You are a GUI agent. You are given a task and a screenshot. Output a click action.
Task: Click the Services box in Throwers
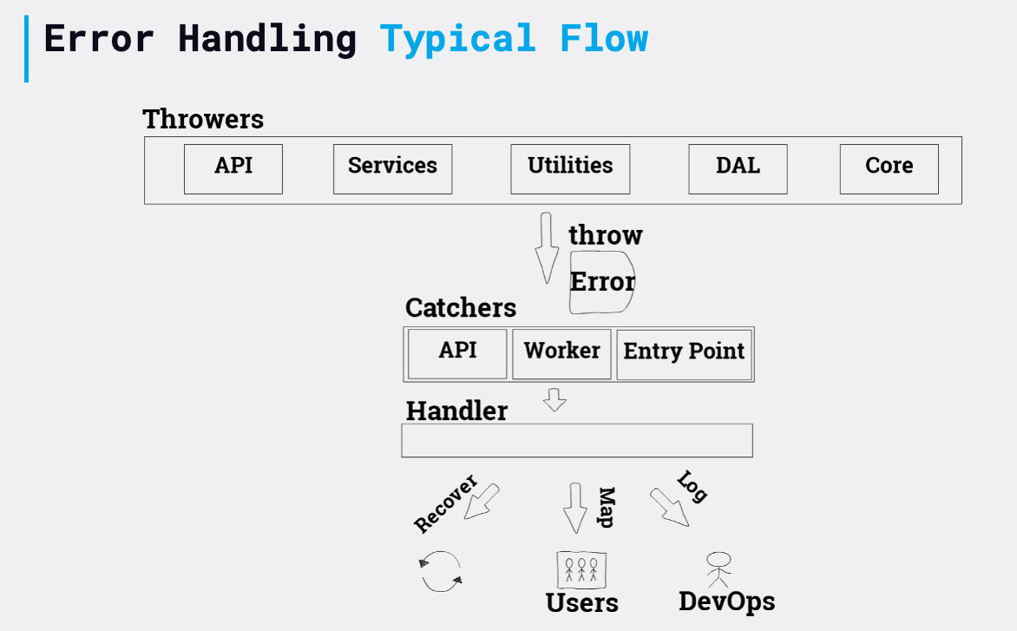[392, 169]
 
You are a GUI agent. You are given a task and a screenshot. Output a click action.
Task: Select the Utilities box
[570, 169]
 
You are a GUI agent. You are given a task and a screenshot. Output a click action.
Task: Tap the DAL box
[738, 169]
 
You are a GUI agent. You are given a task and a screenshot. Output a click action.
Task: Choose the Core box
[889, 169]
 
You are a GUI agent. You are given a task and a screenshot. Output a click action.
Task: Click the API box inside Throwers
[233, 169]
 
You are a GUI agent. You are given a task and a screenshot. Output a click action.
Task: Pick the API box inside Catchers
[457, 354]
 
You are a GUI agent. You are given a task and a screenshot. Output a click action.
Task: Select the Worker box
[561, 354]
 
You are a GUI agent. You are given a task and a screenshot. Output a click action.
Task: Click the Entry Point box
[684, 354]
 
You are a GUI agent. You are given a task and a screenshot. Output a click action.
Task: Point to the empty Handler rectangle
[576, 441]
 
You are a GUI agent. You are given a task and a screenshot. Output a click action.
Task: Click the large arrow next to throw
[547, 247]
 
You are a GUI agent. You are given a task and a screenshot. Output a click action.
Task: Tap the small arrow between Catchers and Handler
[554, 400]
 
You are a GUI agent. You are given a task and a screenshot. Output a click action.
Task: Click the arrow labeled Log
[670, 508]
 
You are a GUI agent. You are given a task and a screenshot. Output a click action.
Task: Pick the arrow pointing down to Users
[575, 508]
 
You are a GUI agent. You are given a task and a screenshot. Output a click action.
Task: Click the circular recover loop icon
[441, 572]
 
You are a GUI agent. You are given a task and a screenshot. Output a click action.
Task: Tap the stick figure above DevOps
[718, 569]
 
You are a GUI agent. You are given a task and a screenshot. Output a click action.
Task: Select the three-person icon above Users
[581, 570]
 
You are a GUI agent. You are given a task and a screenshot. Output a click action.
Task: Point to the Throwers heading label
[203, 119]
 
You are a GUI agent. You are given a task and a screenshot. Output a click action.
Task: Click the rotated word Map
[606, 508]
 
